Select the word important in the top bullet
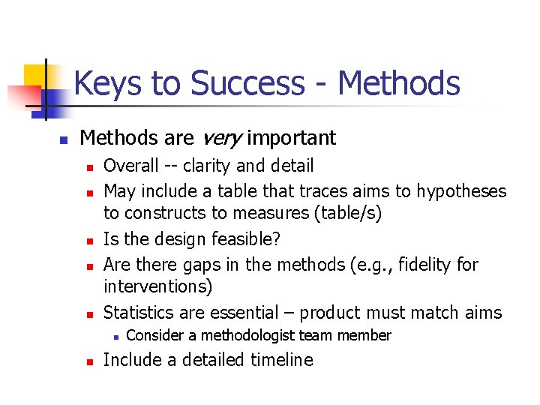pyautogui.click(x=291, y=138)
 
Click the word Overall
pyautogui.click(x=131, y=166)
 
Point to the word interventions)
pyautogui.click(x=158, y=287)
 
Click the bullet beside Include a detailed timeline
pyautogui.click(x=88, y=361)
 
